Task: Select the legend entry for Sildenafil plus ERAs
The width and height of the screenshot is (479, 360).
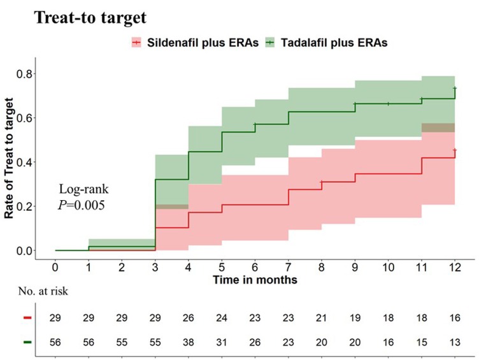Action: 191,42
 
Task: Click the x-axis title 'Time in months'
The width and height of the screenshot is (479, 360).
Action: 255,279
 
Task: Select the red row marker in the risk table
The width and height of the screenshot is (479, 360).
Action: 25,317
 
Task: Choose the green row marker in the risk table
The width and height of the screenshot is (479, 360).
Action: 25,341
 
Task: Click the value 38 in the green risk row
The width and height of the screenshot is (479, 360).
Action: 189,341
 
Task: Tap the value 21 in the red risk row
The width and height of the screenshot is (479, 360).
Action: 322,317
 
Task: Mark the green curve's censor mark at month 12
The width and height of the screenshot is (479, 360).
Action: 455,88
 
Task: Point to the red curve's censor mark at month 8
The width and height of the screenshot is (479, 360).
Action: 322,182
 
